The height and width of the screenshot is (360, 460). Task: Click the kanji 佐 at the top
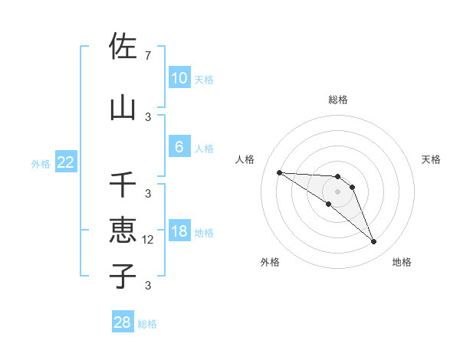point(123,47)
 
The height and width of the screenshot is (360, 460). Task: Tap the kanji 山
point(123,107)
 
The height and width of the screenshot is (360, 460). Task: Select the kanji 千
point(123,185)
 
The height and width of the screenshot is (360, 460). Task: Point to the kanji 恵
point(123,231)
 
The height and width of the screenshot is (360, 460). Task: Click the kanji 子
point(123,275)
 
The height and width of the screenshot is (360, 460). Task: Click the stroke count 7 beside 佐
point(148,55)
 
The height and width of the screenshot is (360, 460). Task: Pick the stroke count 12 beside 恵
point(149,239)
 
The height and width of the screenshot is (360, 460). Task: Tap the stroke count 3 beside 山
point(148,116)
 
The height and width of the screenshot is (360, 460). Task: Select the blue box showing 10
point(179,78)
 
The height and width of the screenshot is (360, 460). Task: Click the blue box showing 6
point(179,147)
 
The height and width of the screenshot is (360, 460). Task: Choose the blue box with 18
point(179,231)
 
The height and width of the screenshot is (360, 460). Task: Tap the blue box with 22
point(66,162)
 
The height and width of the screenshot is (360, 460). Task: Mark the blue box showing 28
point(123,322)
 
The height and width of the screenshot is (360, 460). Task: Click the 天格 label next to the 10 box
point(204,79)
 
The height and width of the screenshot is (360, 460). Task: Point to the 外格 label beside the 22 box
point(41,163)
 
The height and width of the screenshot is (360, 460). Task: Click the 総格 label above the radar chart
point(337,100)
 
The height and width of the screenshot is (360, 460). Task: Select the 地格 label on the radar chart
point(402,262)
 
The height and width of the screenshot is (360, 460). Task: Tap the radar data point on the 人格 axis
point(279,172)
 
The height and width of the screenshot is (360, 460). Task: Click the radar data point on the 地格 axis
point(374,242)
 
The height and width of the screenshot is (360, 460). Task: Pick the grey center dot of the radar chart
point(337,191)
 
